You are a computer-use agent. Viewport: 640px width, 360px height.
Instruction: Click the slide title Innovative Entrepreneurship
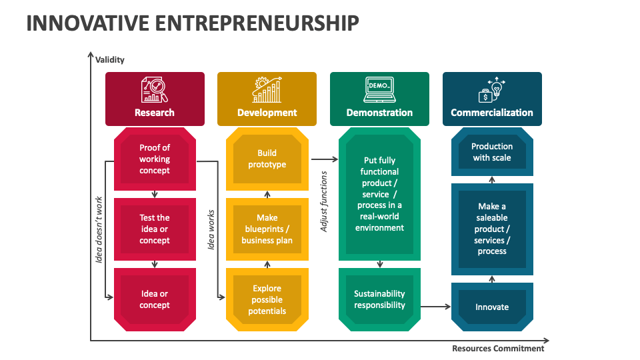pos(193,23)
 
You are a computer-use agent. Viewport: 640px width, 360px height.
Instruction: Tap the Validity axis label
pos(110,60)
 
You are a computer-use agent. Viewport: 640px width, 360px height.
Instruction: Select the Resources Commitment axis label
pos(498,348)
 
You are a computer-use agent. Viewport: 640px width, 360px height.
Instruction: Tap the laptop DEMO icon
pos(379,89)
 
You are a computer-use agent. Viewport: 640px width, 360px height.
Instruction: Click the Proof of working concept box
pos(155,159)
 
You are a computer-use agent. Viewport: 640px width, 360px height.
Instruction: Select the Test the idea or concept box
pos(155,229)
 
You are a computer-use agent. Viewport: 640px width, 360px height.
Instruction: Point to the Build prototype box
pos(267,159)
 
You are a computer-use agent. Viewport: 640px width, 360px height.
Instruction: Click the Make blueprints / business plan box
pos(267,229)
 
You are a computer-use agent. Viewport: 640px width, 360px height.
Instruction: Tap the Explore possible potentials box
pos(267,299)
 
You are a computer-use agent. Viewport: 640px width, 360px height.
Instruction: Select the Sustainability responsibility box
pos(379,299)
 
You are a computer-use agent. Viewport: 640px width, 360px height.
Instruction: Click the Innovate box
pos(492,307)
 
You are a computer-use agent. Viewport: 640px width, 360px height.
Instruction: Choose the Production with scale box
pos(492,152)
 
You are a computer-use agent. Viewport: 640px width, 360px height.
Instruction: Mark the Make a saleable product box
pos(492,229)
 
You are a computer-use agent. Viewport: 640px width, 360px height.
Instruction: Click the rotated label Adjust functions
pos(325,201)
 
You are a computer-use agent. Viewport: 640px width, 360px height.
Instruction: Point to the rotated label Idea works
pos(211,229)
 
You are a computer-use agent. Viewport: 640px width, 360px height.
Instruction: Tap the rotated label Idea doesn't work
pos(99,229)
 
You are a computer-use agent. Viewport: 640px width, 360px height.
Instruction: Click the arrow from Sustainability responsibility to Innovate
pos(437,307)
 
